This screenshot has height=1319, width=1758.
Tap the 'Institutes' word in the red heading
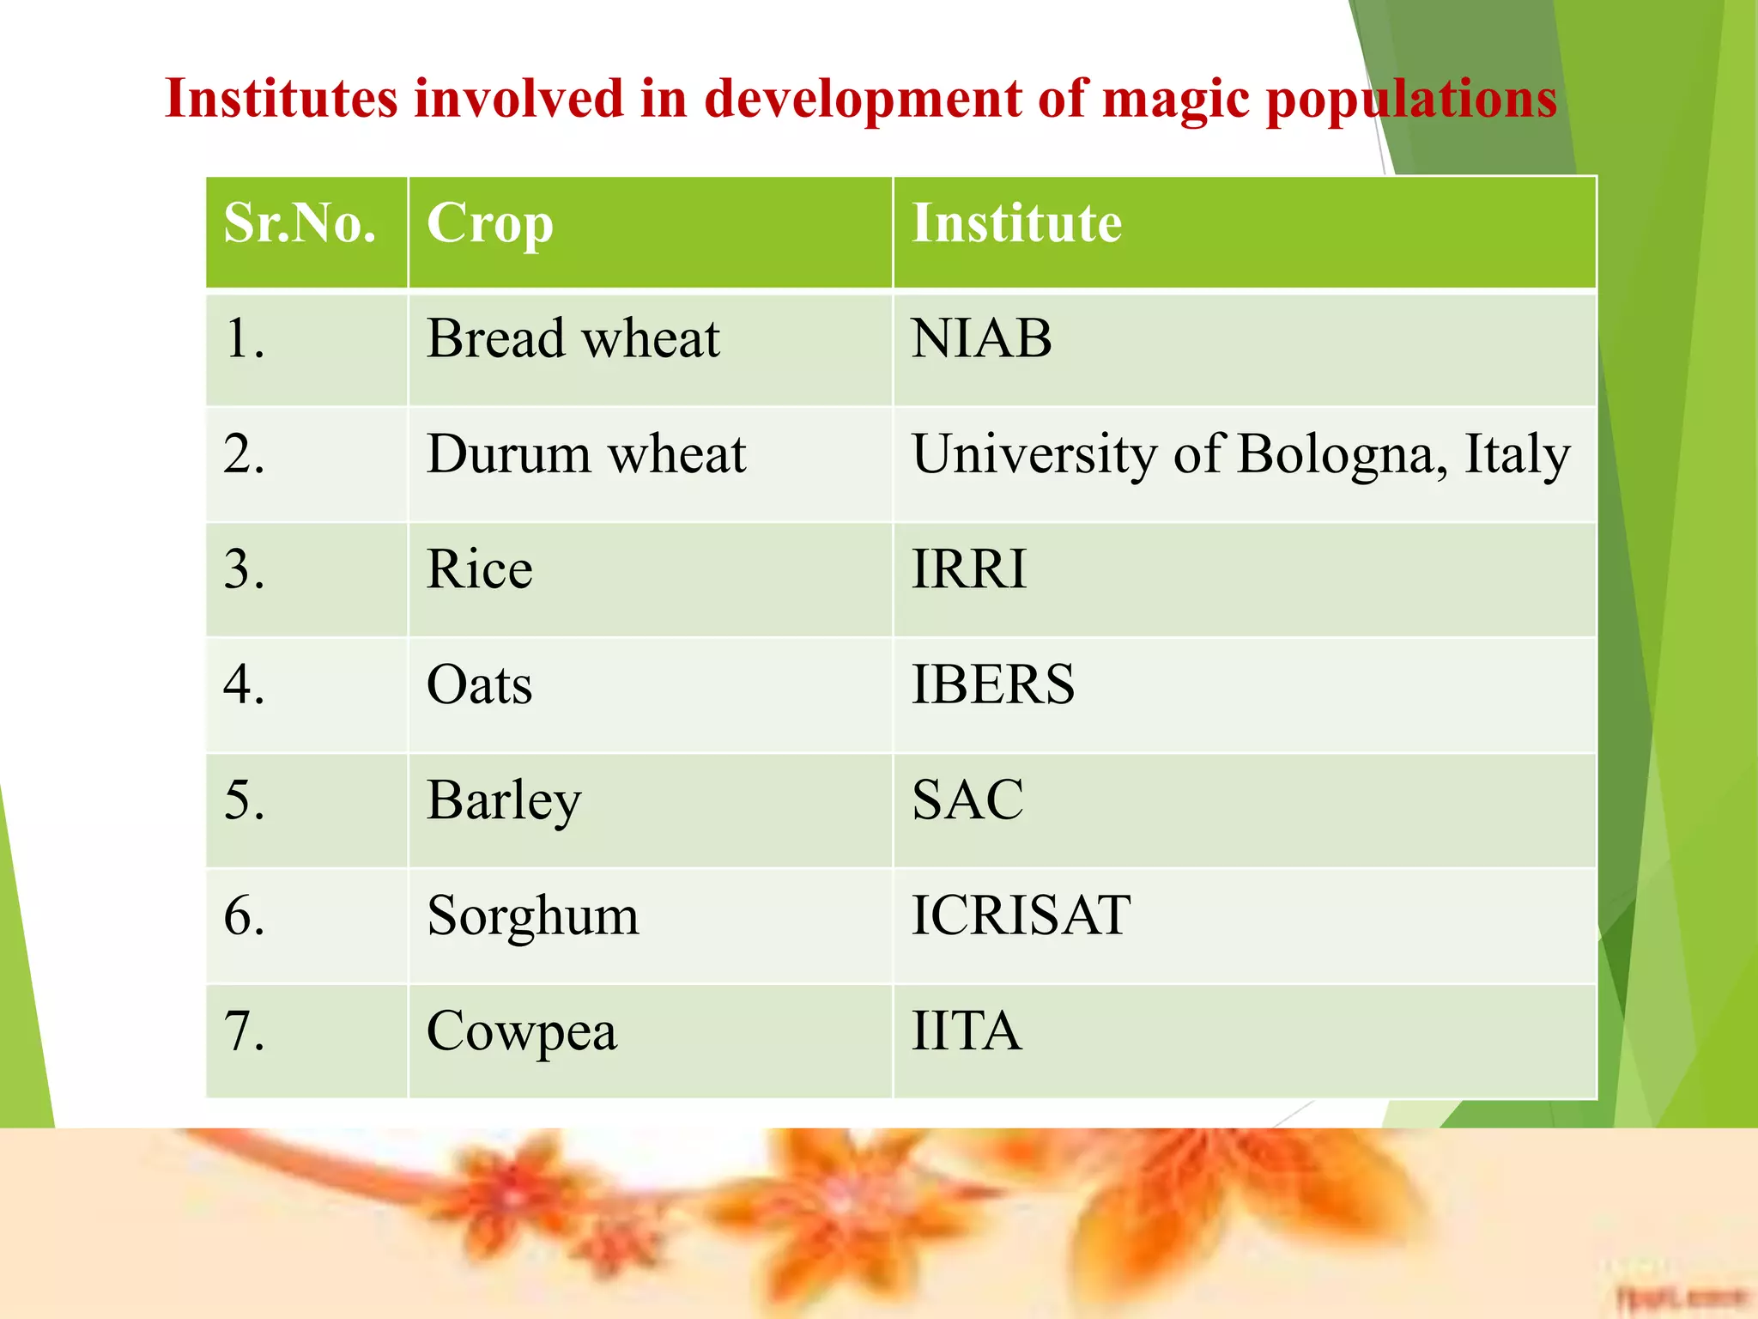(x=282, y=98)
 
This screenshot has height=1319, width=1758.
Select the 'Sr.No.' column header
(x=300, y=224)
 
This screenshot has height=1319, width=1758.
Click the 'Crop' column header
(x=490, y=225)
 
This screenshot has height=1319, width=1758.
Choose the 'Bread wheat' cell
(x=573, y=338)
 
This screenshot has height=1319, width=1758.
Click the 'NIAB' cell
(x=981, y=338)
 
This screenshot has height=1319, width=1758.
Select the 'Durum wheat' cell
(x=586, y=454)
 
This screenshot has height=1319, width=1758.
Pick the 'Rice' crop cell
(x=479, y=569)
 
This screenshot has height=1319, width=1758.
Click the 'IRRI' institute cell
(x=968, y=569)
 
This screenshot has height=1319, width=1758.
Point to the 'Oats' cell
(x=479, y=685)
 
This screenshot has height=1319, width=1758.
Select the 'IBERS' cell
(x=992, y=685)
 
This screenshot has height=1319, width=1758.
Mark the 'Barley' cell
(x=504, y=801)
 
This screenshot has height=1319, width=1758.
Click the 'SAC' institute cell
(x=967, y=800)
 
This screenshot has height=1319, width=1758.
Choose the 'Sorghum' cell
(x=533, y=916)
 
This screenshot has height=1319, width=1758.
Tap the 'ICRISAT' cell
(x=1021, y=915)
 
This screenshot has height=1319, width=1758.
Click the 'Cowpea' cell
(x=521, y=1032)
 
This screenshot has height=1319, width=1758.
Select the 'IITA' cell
(x=967, y=1031)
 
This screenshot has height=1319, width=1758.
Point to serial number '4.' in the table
(x=244, y=685)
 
